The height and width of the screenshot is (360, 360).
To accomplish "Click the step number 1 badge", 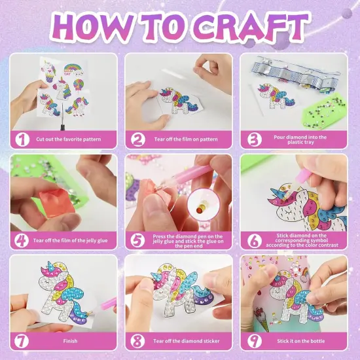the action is tap(22, 139).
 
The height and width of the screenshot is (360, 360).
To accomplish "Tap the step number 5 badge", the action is tap(137, 241).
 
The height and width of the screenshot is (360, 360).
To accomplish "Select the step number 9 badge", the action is tap(255, 341).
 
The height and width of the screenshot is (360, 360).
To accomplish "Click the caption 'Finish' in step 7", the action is tap(70, 341).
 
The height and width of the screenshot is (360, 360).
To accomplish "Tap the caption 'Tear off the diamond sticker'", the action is tap(187, 341).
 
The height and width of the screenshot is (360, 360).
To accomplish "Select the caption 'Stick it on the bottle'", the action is tap(301, 341).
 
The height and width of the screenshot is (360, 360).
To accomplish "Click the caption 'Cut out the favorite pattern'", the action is tap(69, 139).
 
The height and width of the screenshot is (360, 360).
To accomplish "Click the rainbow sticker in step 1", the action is tap(73, 70).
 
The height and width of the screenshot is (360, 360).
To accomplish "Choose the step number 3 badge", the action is tap(255, 139).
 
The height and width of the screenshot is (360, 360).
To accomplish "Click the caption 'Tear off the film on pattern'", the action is tap(186, 139).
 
